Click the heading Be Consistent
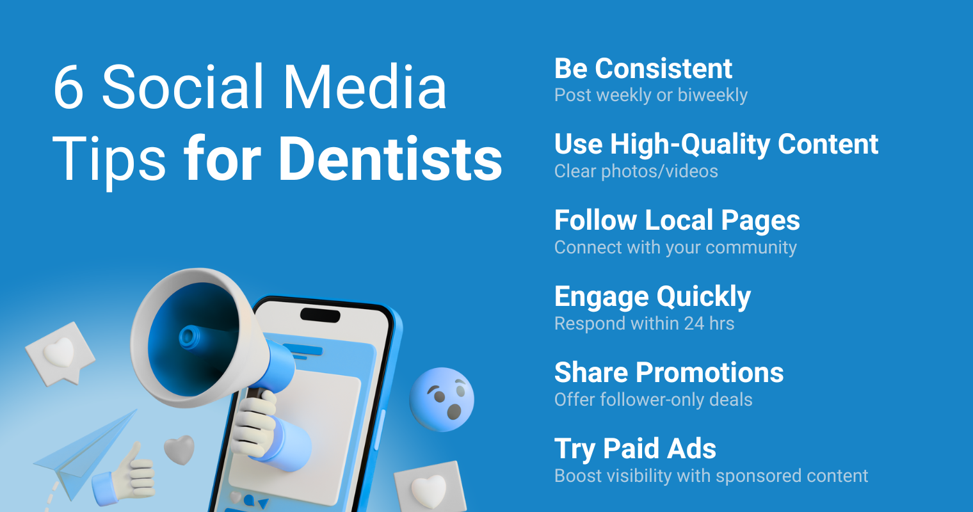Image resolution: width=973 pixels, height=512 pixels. [x=643, y=68]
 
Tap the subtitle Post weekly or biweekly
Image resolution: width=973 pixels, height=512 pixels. [x=650, y=95]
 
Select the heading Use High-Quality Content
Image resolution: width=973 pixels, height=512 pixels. [x=716, y=144]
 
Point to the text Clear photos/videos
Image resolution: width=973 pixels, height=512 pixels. [x=636, y=171]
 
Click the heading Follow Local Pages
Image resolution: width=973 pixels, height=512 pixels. [x=677, y=220]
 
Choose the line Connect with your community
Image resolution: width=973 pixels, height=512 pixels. [x=675, y=248]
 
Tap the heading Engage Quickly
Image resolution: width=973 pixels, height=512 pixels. [x=652, y=297]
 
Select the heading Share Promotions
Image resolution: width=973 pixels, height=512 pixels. [x=669, y=372]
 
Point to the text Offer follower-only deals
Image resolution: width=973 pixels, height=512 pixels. [x=654, y=399]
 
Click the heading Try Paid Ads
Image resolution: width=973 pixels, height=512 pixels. [x=635, y=449]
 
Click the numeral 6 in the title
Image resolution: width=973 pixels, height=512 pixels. [x=68, y=86]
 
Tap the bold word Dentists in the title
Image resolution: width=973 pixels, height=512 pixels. [x=390, y=159]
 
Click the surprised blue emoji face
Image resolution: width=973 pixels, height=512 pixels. [x=442, y=399]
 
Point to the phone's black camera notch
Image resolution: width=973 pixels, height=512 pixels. [x=320, y=316]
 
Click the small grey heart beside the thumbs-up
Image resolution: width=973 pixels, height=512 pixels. [x=179, y=449]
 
